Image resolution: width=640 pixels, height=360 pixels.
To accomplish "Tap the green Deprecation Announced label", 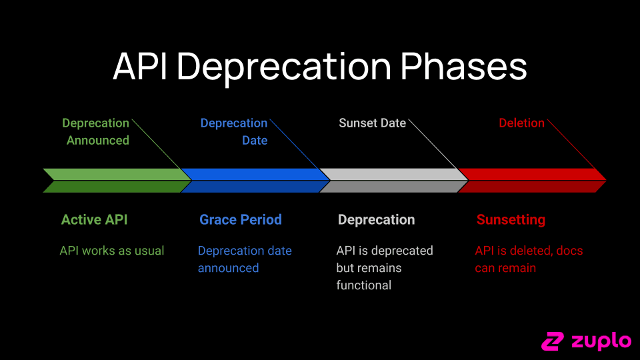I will [97, 131].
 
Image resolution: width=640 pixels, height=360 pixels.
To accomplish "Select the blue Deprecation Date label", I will [235, 131].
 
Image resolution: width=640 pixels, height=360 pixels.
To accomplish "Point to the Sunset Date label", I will [372, 123].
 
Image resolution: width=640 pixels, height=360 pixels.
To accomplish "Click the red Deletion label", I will [521, 123].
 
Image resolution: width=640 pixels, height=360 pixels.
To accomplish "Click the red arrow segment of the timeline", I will [531, 180].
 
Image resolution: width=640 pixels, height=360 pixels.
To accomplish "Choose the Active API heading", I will [94, 220].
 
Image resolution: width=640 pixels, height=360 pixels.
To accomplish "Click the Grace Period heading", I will [241, 220].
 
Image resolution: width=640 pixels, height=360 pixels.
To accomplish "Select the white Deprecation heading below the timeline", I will [376, 220].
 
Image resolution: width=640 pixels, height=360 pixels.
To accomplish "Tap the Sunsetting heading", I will [511, 220].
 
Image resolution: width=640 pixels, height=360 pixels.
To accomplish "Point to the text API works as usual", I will [112, 251].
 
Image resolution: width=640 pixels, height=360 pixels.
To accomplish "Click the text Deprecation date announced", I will [245, 259].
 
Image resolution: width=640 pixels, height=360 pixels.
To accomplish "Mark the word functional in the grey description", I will [363, 285].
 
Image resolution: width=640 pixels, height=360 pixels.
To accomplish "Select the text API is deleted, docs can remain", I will [529, 259].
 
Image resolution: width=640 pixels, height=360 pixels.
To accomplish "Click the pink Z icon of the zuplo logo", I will [553, 341].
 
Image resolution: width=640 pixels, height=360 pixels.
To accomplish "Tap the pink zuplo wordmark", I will [601, 341].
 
